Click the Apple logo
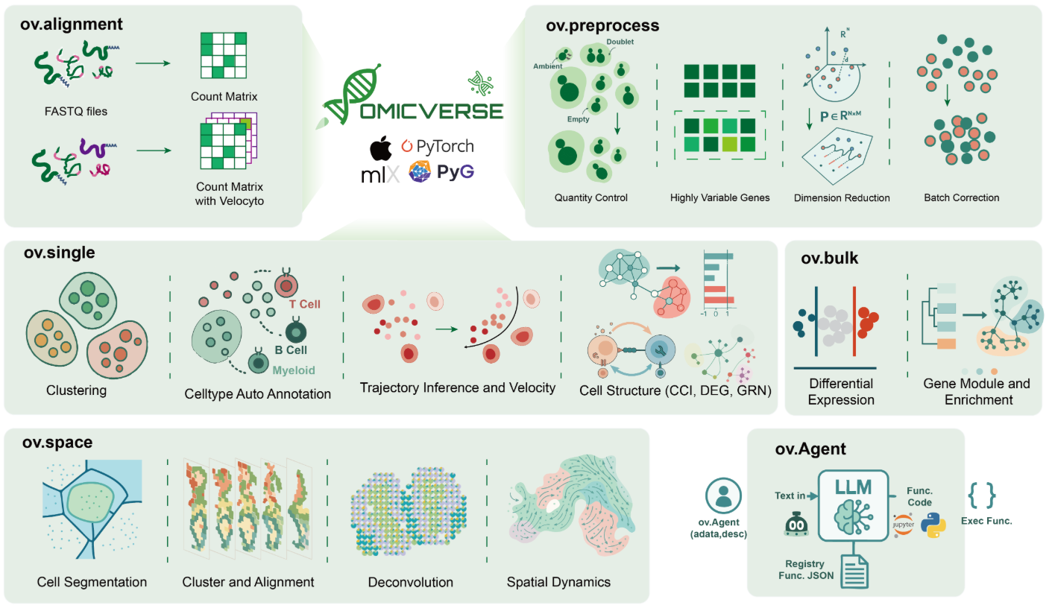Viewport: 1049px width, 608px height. pyautogui.click(x=381, y=148)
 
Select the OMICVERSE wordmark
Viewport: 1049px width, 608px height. pyautogui.click(x=432, y=112)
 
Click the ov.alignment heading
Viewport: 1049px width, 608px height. pyautogui.click(x=71, y=24)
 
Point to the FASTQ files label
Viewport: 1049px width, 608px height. pyautogui.click(x=76, y=112)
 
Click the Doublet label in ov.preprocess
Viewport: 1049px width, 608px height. pyautogui.click(x=620, y=42)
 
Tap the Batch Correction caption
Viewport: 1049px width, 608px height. pyautogui.click(x=962, y=197)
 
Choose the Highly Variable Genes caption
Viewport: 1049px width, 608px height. pyautogui.click(x=719, y=197)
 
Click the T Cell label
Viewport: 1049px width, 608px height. pyautogui.click(x=304, y=304)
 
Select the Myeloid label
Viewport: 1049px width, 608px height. pyautogui.click(x=294, y=370)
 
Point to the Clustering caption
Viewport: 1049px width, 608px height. pyautogui.click(x=76, y=390)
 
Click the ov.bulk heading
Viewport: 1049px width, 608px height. pyautogui.click(x=829, y=258)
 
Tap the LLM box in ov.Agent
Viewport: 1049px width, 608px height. pyautogui.click(x=853, y=505)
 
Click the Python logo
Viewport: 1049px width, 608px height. pyautogui.click(x=933, y=525)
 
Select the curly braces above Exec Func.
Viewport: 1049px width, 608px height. pyautogui.click(x=982, y=495)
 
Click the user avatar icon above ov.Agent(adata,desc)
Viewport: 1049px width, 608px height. pyautogui.click(x=723, y=495)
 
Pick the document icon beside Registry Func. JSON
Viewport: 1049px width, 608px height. pyautogui.click(x=854, y=571)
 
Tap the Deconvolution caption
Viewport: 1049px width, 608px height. pyautogui.click(x=411, y=582)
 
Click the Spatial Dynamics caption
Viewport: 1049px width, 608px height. pyautogui.click(x=558, y=582)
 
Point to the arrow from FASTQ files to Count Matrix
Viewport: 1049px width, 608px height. pyautogui.click(x=153, y=63)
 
